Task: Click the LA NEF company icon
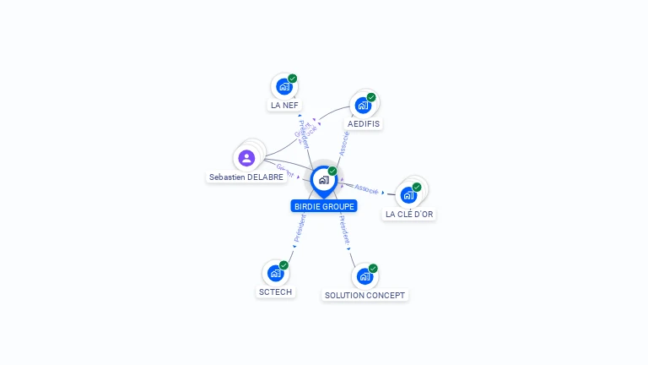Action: [283, 86]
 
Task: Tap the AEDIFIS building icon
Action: [363, 105]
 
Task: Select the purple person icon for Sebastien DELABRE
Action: [246, 158]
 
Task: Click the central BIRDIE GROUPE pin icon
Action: [323, 180]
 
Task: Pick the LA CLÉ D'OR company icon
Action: [408, 195]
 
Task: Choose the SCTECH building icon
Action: [275, 273]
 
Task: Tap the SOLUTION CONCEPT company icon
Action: [364, 276]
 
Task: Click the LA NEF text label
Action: [284, 106]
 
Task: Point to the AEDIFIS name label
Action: [364, 123]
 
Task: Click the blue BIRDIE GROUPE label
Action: [325, 206]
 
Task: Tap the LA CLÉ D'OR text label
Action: [409, 215]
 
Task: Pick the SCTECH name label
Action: [276, 291]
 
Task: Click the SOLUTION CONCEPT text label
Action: [365, 296]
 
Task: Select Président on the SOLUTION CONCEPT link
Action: [343, 230]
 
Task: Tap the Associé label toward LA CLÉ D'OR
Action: [366, 188]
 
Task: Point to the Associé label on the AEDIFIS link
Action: [344, 142]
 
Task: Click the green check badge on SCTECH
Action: [283, 265]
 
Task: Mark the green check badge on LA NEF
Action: [292, 79]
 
